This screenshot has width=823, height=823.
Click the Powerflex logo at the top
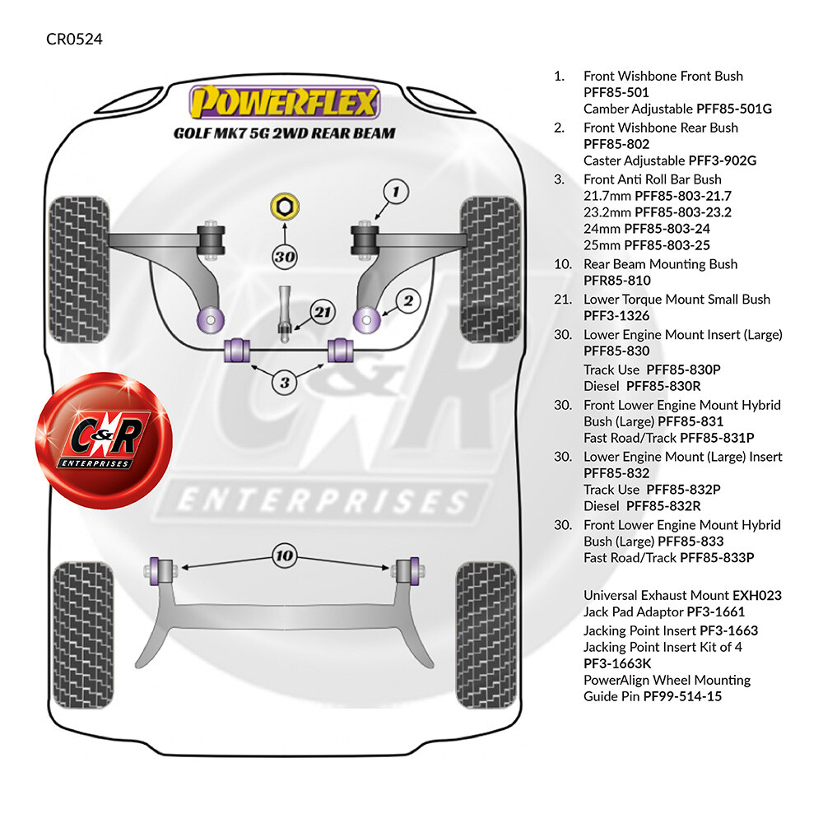click(x=284, y=102)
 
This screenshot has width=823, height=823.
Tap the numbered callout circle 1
click(x=396, y=192)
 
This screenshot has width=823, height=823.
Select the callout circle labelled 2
click(x=408, y=301)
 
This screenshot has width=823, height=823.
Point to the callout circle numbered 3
click(x=285, y=383)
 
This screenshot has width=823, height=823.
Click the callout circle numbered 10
click(x=285, y=556)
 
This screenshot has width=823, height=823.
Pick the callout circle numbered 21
click(x=323, y=312)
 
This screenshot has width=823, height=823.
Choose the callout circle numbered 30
click(x=285, y=257)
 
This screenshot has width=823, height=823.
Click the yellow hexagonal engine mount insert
click(x=285, y=207)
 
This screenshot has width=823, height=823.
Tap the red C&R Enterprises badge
click(x=104, y=439)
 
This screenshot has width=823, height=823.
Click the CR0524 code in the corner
click(x=75, y=40)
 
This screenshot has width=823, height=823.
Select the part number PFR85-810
click(x=616, y=281)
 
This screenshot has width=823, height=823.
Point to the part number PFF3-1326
click(x=616, y=316)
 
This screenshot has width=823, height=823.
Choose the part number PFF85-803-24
click(x=667, y=229)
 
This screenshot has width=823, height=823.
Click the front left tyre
click(x=79, y=269)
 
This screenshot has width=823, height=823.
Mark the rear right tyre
click(x=486, y=635)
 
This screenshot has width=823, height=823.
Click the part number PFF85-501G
click(x=734, y=109)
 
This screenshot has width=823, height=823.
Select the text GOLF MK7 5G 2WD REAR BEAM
click(x=285, y=133)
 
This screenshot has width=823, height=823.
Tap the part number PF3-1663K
click(x=617, y=664)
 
